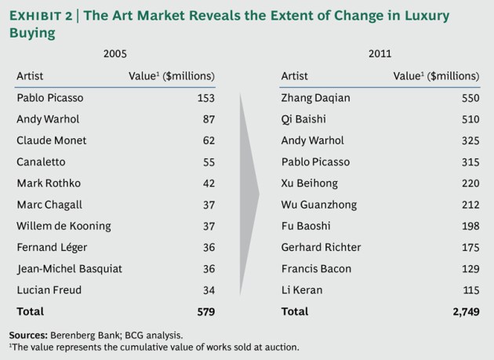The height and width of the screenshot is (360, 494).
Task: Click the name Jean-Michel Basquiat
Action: (69, 268)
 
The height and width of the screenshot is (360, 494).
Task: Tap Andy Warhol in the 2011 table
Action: (312, 140)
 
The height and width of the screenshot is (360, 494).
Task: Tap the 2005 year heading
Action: (115, 55)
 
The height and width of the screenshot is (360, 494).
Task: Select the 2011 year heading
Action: (380, 55)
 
